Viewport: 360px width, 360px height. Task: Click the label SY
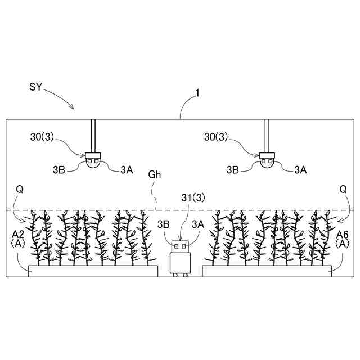[x=35, y=87]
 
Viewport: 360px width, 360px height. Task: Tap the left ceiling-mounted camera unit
[x=93, y=160]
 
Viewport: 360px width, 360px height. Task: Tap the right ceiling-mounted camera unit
[x=267, y=160]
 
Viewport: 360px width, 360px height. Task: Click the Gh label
[x=155, y=174]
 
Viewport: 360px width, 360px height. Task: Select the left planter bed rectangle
[x=93, y=271]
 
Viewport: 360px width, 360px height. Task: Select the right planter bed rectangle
[x=267, y=271]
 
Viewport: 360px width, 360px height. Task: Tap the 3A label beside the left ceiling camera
[x=127, y=169]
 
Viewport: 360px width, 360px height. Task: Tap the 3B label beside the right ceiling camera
[x=233, y=169]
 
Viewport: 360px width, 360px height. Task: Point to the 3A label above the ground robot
[x=197, y=223]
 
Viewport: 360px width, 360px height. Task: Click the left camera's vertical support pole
[x=93, y=135]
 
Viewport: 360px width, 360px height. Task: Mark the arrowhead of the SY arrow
[x=72, y=107]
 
